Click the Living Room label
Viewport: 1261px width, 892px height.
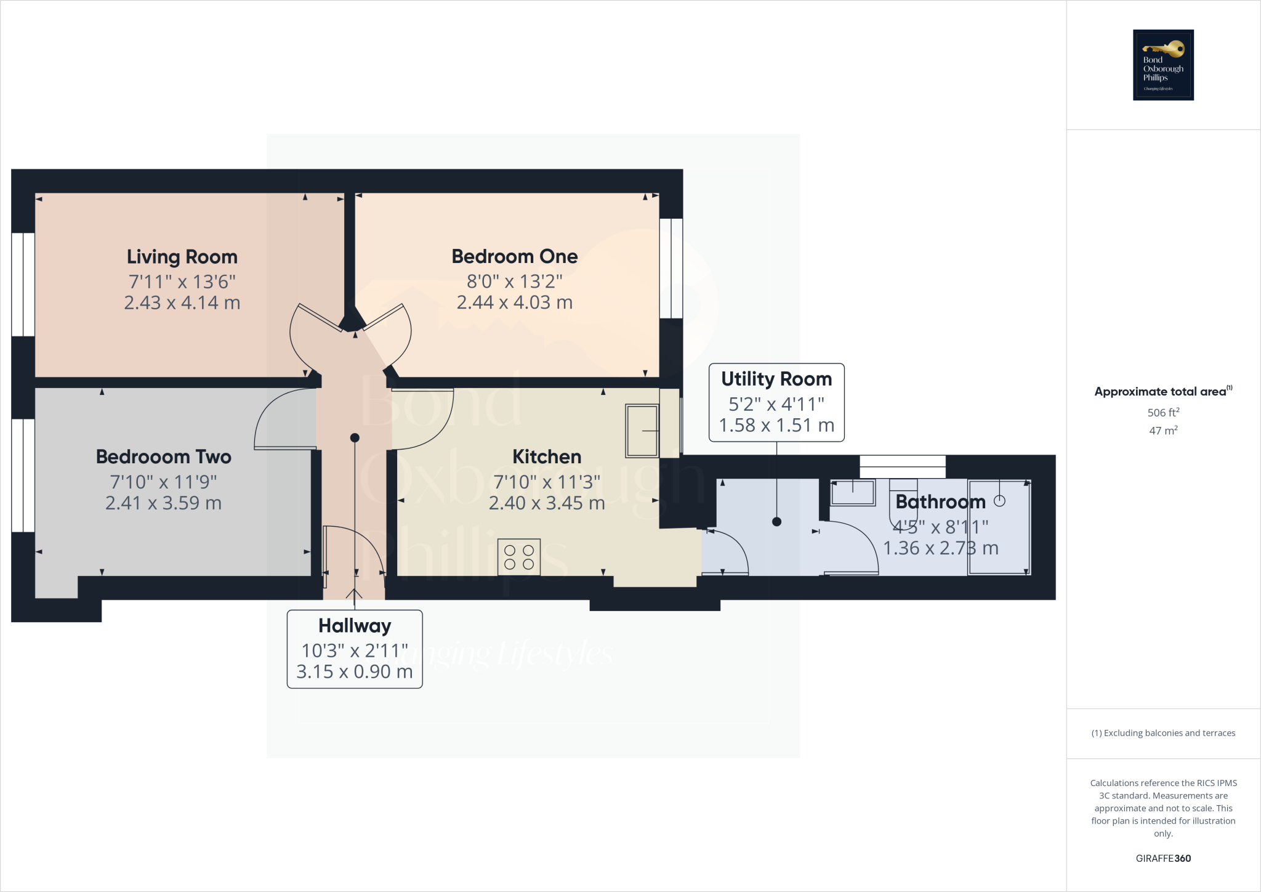[182, 257]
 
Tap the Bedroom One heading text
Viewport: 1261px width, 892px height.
[514, 256]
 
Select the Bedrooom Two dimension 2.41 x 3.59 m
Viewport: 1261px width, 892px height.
[163, 503]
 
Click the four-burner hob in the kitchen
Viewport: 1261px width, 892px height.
[519, 556]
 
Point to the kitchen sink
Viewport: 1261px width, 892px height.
[642, 431]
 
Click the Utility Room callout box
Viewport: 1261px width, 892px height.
[776, 402]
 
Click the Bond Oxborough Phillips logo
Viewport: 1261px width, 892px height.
[1163, 65]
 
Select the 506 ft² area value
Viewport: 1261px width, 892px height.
[1163, 412]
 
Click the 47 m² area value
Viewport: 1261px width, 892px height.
[1163, 431]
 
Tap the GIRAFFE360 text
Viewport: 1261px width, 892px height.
[1163, 858]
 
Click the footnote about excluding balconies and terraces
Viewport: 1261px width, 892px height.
[1163, 733]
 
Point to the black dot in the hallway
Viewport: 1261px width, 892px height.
[355, 438]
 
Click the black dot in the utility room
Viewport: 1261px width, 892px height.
[776, 522]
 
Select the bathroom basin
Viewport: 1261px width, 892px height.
[853, 493]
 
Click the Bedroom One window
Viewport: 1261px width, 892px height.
[671, 269]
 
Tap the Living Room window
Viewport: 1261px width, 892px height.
[23, 284]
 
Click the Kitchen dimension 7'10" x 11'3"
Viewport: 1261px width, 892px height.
[547, 482]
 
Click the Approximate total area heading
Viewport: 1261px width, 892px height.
[1160, 392]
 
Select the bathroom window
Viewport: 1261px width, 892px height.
[902, 466]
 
